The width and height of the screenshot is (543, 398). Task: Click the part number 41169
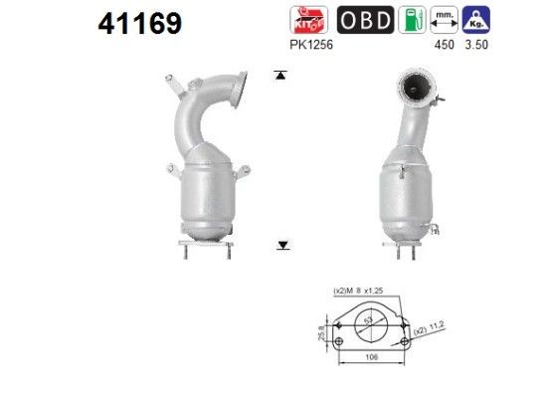(140, 23)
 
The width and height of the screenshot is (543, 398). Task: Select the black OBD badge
(365, 21)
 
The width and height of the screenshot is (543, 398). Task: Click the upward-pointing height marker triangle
(282, 75)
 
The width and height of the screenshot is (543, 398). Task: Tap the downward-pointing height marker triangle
(282, 244)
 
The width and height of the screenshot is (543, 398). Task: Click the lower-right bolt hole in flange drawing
(404, 343)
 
